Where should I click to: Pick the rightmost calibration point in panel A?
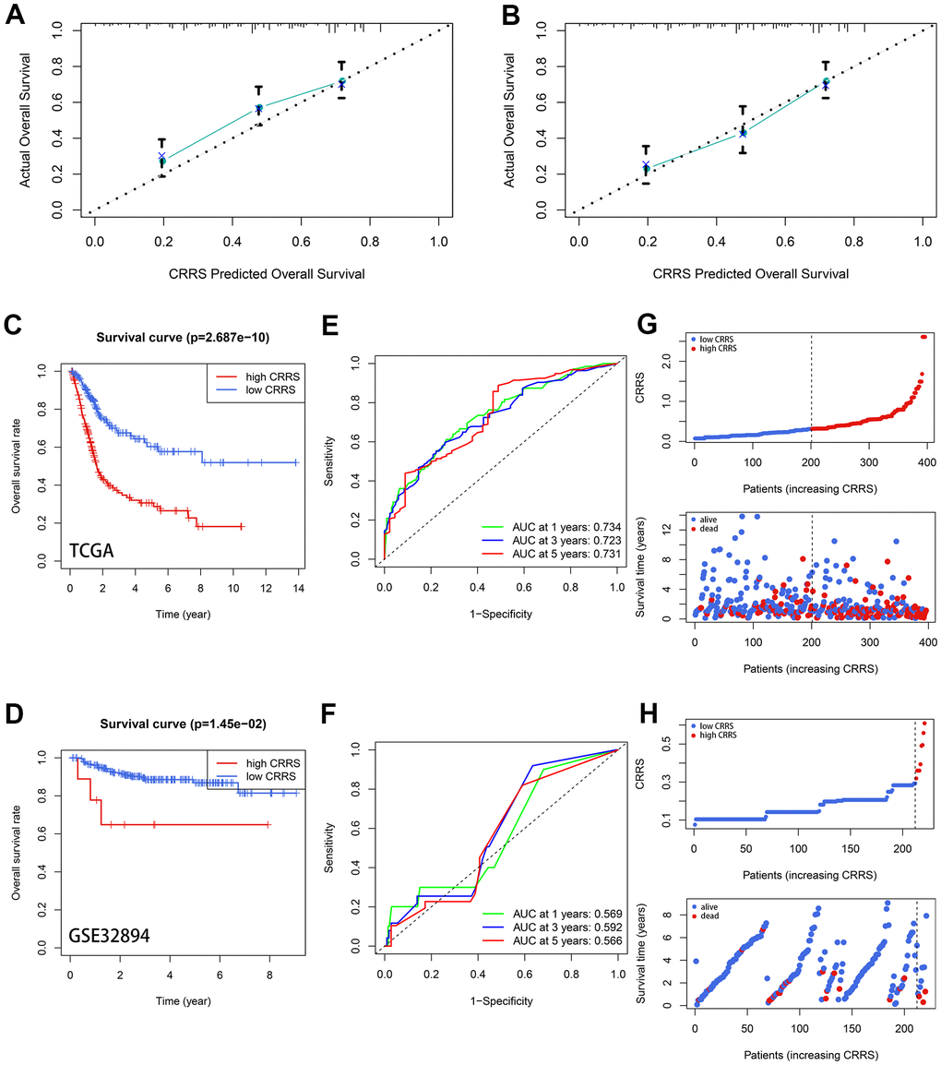[341, 83]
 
